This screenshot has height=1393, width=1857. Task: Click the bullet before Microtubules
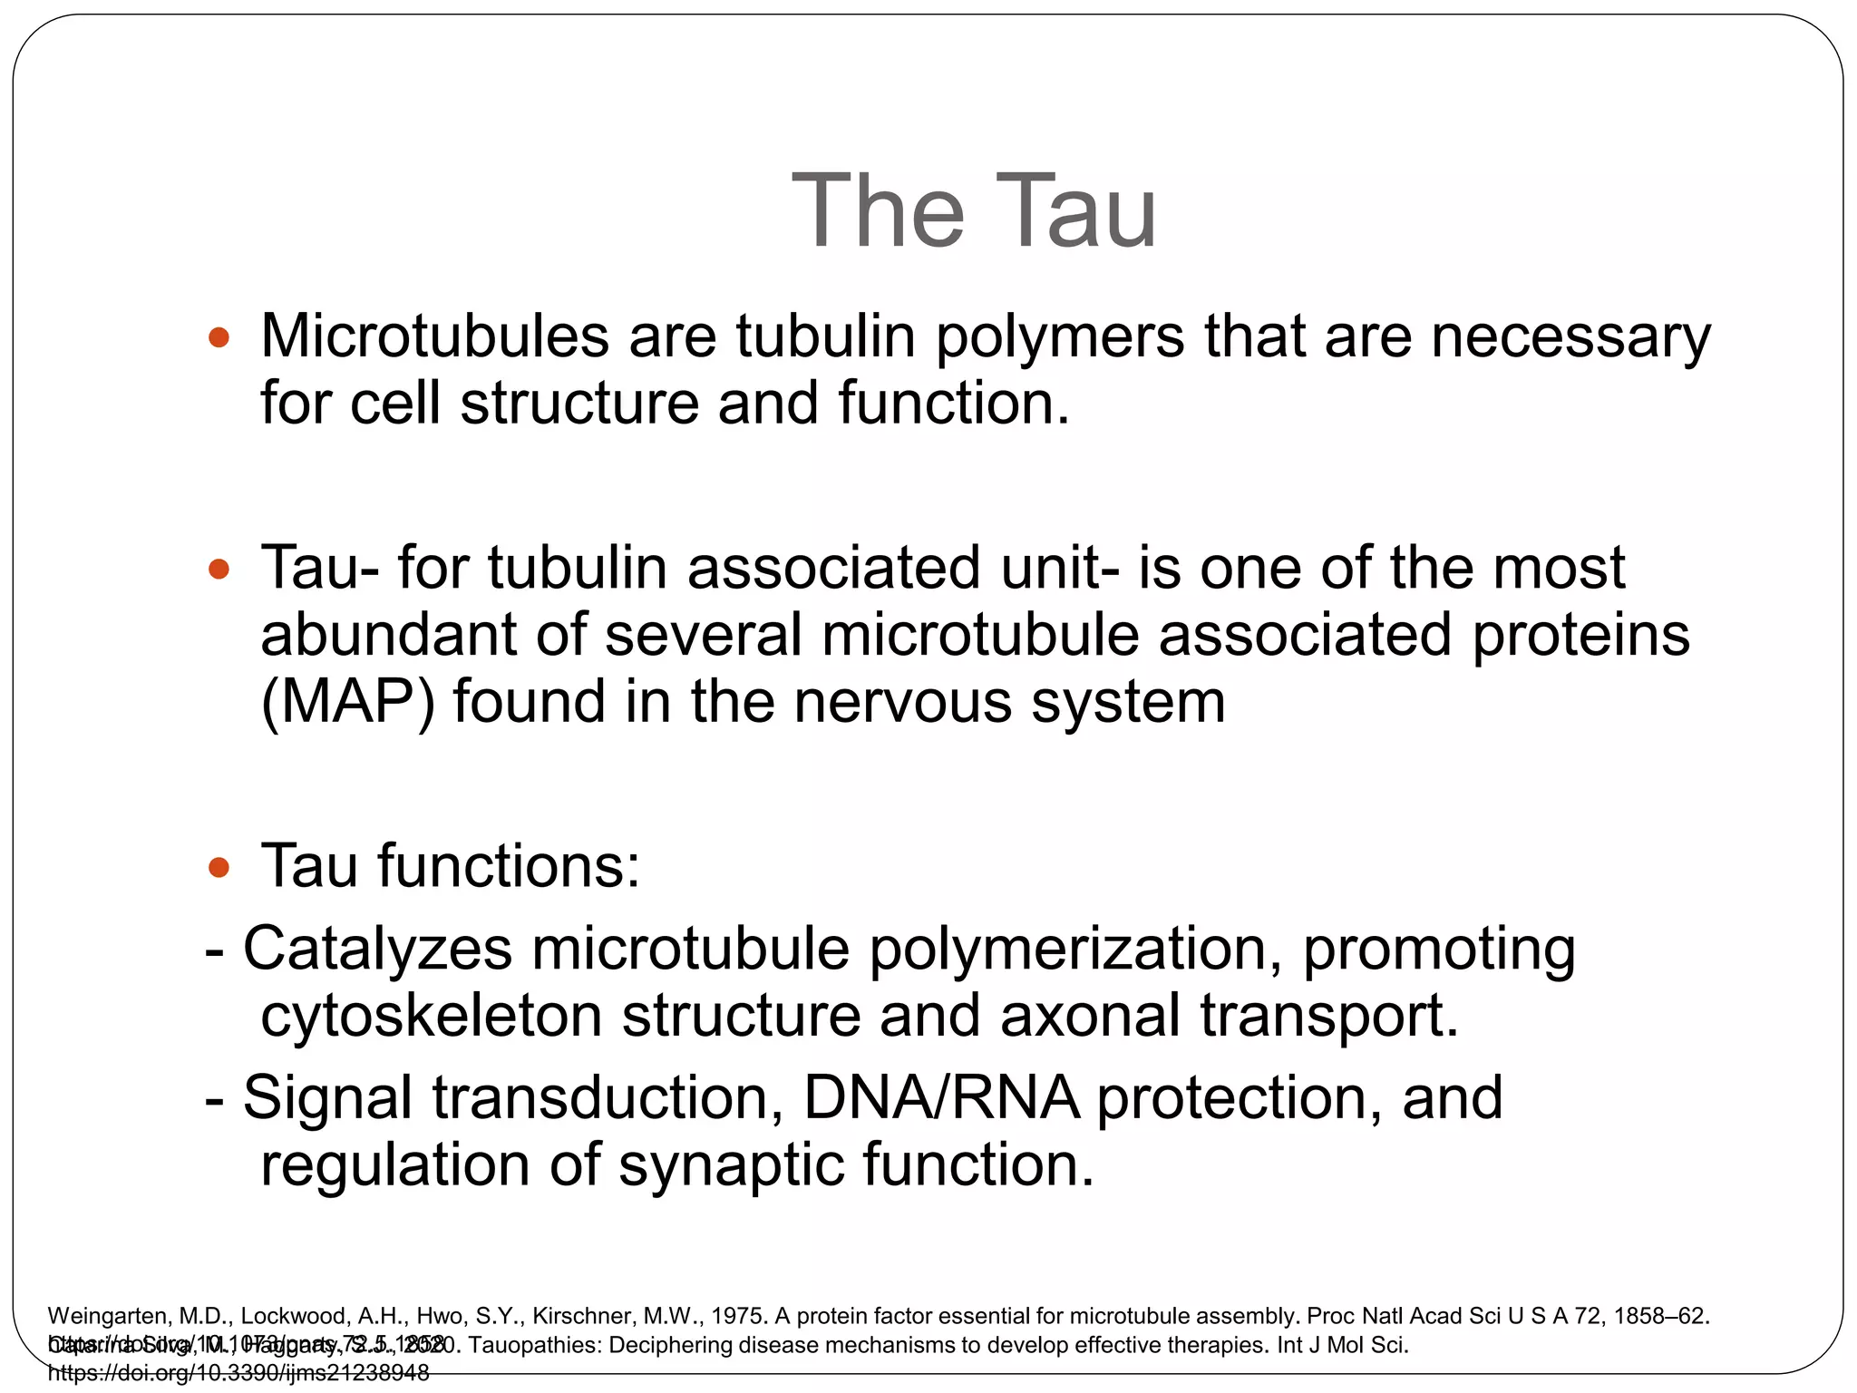click(219, 338)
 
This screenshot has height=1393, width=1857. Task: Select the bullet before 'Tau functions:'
click(219, 868)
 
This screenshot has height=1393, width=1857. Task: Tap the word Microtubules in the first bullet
click(435, 336)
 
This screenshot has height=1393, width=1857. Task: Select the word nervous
click(902, 703)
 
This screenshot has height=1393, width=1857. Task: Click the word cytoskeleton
click(432, 1016)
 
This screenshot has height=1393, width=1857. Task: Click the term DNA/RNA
click(941, 1098)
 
